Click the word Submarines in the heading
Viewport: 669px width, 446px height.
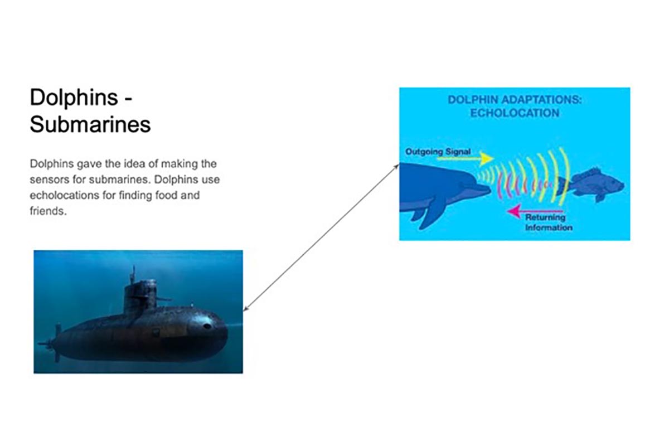(x=90, y=124)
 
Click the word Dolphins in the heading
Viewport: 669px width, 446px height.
(x=74, y=98)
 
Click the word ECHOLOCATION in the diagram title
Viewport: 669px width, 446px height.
(x=515, y=113)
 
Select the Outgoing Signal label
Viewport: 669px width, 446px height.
(x=438, y=152)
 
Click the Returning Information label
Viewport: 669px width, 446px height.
(x=549, y=222)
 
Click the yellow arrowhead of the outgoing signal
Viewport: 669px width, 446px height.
(x=486, y=159)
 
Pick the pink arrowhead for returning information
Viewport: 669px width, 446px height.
(x=514, y=211)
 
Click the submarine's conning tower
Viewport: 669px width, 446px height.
(x=140, y=297)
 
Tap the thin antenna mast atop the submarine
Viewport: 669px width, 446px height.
(x=133, y=275)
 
